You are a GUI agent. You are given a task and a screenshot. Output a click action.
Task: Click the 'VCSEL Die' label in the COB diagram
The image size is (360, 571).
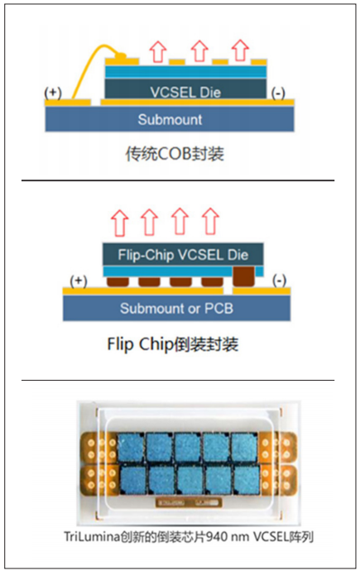(184, 91)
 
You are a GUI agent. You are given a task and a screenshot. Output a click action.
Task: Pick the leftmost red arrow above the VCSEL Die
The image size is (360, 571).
(156, 51)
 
